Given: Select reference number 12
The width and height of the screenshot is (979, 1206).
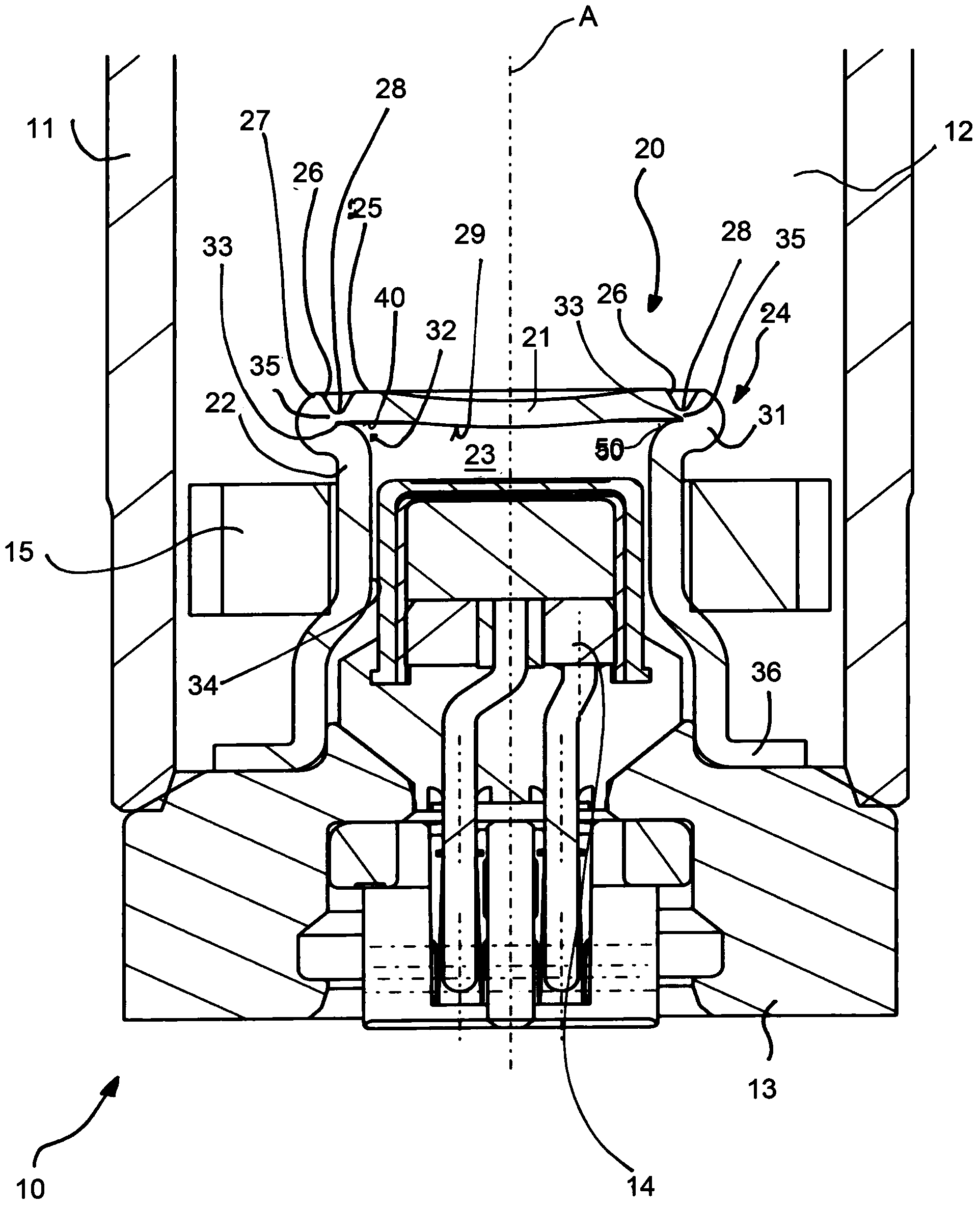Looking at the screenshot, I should tap(958, 131).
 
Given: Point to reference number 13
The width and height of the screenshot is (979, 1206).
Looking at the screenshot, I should tap(763, 1089).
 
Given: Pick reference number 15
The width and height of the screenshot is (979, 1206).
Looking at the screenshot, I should tap(19, 552).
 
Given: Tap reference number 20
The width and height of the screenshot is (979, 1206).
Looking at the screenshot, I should tap(649, 148).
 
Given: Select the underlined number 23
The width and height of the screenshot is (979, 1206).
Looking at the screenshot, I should tap(480, 455).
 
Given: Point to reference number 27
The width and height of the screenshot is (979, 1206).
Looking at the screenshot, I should tap(255, 121).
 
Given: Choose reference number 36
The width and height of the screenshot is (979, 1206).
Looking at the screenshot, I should tap(766, 672).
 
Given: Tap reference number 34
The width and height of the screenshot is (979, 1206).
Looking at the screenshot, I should tap(202, 685).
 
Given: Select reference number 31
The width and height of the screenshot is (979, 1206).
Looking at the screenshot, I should tap(772, 416).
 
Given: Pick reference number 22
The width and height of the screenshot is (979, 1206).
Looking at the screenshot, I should tap(220, 403).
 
